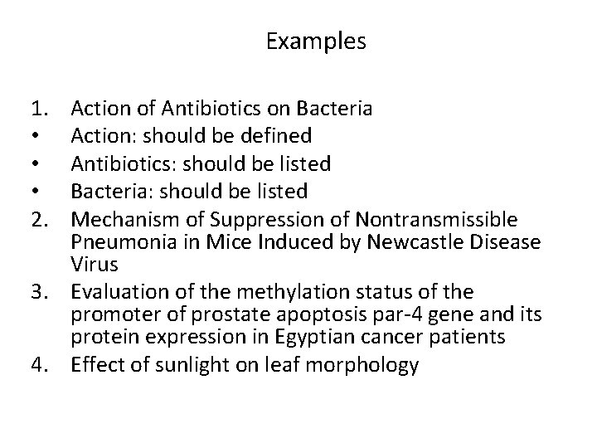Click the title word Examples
[x=315, y=41]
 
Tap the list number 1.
[x=38, y=108]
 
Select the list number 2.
[x=38, y=220]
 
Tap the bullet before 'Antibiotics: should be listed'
[x=35, y=164]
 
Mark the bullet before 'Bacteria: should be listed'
[x=35, y=192]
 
